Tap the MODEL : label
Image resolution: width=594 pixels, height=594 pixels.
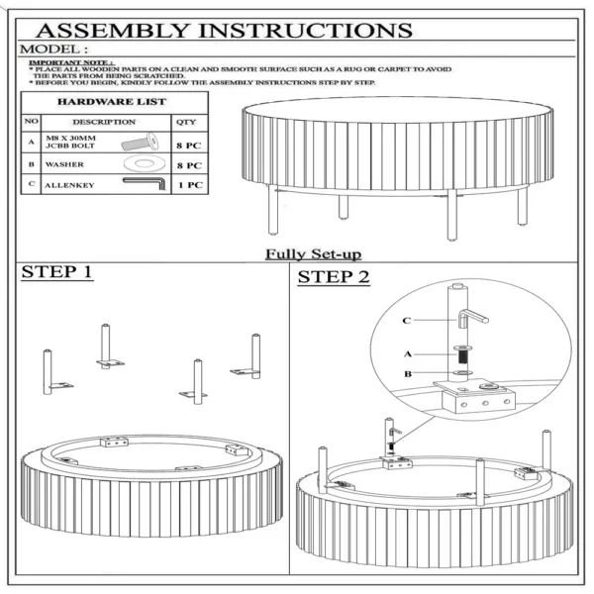55,49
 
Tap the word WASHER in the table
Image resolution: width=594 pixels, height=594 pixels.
62,164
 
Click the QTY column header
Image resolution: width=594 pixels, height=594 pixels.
186,122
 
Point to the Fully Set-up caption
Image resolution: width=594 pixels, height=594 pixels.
312,253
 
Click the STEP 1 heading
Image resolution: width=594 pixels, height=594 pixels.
57,272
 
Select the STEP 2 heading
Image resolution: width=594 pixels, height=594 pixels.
334,277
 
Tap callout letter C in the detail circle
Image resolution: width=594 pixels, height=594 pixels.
407,321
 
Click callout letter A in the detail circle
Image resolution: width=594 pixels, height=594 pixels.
407,352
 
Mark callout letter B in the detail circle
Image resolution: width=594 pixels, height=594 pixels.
407,374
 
